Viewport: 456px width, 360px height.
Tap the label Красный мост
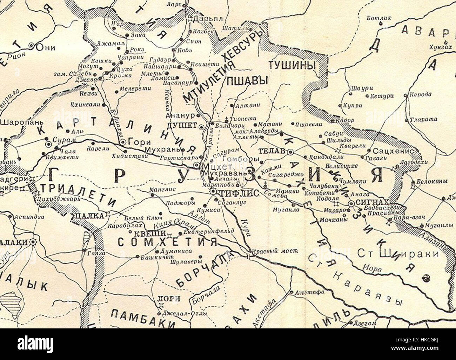pyautogui.click(x=279, y=251)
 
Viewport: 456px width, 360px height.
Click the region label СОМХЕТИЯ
pyautogui.click(x=167, y=242)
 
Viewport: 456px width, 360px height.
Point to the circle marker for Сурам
pyautogui.click(x=48, y=143)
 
